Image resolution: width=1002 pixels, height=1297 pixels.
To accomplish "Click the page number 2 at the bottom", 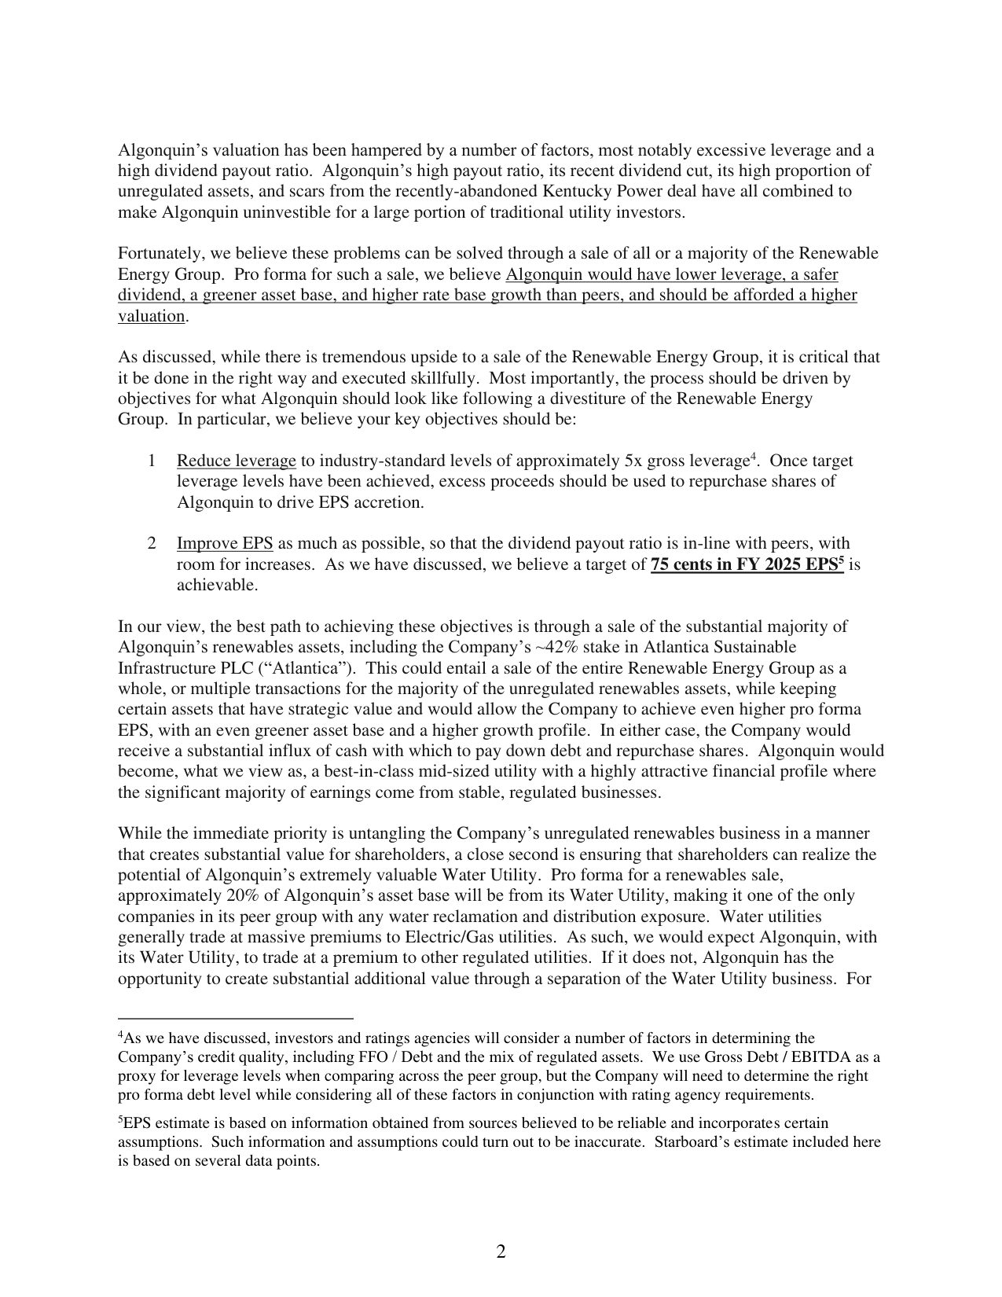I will pos(501,1252).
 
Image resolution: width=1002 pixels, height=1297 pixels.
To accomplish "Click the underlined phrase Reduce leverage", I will pos(236,461).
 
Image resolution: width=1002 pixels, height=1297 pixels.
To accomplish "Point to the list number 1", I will pos(151,461).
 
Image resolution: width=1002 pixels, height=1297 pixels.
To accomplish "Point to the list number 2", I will pos(151,544).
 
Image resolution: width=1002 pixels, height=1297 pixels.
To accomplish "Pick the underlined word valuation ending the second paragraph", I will pos(151,316).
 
